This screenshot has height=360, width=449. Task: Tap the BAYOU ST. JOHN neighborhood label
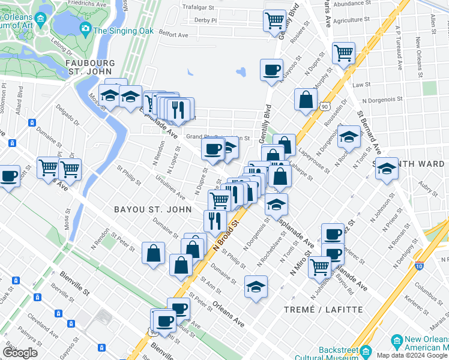coord(153,209)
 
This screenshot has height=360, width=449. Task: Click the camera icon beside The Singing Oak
coord(85,28)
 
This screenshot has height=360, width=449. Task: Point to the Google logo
coord(20,353)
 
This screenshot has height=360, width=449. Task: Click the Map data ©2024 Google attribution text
coord(412,355)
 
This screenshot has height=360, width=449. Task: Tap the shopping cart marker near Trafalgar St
coord(274,20)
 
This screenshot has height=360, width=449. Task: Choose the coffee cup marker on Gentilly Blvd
coord(271,69)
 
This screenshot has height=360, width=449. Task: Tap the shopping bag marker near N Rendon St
coord(153,252)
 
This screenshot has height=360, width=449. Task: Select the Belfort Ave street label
coord(175,34)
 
